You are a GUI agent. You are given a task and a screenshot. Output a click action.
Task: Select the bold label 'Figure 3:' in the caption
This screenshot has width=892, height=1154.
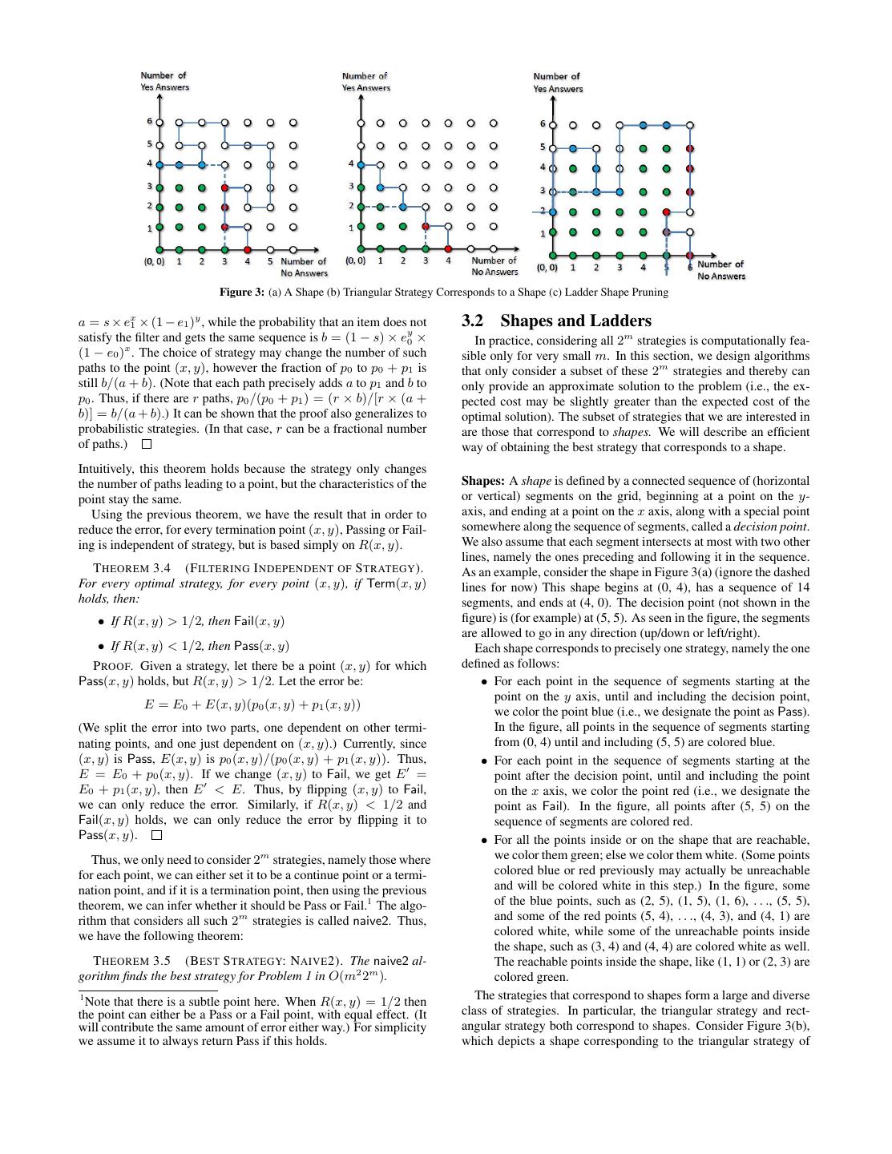click(243, 293)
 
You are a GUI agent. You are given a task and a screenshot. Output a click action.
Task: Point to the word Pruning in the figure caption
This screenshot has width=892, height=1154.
click(650, 293)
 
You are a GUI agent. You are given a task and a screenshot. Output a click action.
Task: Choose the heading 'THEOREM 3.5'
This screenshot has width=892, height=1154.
click(132, 961)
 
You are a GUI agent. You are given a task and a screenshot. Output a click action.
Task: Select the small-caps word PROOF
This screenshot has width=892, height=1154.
click(112, 666)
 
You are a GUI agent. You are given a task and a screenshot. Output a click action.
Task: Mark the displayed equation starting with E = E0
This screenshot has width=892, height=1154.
click(252, 705)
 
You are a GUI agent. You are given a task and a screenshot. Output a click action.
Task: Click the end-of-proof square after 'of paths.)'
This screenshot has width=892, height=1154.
click(146, 444)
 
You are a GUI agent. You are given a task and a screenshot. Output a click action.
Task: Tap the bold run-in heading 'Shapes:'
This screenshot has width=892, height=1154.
click(483, 481)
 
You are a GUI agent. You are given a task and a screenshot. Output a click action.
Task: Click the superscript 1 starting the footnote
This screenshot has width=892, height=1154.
click(81, 998)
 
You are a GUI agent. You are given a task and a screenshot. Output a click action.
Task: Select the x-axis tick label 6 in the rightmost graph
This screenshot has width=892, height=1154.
click(689, 267)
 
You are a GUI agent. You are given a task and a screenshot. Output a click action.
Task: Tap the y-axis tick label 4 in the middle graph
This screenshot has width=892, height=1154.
click(350, 163)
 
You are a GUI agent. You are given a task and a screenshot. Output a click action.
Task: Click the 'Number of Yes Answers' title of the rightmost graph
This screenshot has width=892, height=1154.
click(558, 83)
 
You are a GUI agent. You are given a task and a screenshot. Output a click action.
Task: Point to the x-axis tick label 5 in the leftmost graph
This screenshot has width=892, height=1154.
click(270, 261)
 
